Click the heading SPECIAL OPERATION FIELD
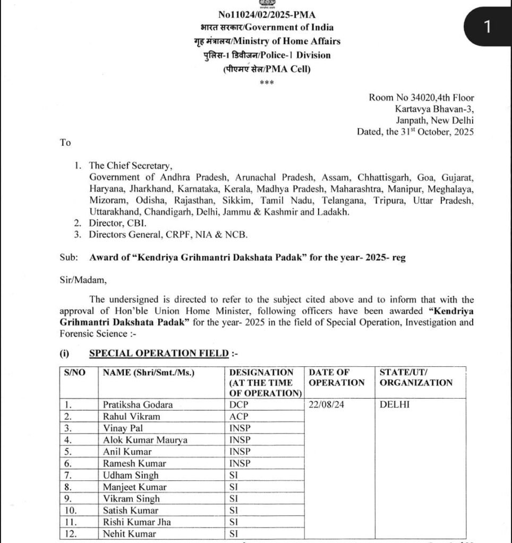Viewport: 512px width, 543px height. pos(159,353)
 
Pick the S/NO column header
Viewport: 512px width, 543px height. pos(75,373)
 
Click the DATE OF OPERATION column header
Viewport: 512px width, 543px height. pos(337,378)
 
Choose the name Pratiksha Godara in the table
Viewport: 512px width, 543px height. pos(138,405)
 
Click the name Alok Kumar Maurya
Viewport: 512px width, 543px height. pos(145,440)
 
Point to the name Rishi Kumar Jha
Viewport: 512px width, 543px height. pos(138,522)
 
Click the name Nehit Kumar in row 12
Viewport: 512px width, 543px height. pos(130,533)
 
